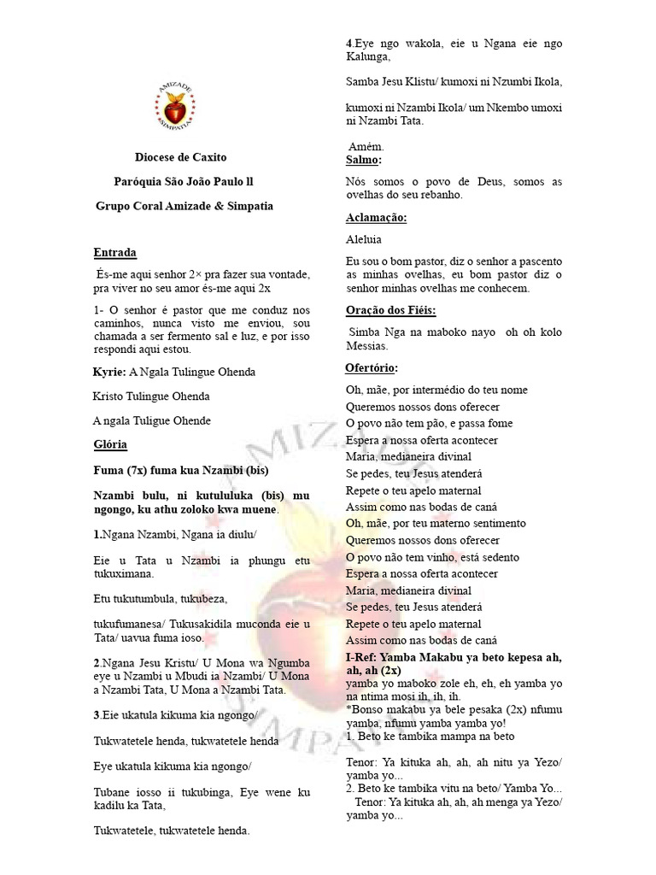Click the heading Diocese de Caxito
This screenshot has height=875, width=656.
pos(181,158)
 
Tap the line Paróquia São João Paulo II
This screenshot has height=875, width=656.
pos(183,182)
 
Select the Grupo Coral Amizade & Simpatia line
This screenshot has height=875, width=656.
pos(184,206)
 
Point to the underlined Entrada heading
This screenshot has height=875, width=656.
pos(114,253)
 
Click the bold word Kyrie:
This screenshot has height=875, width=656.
pos(108,373)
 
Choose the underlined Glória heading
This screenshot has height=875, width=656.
pos(110,445)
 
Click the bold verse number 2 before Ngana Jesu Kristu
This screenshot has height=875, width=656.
pos(95,662)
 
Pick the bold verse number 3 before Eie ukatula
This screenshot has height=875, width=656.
pos(95,714)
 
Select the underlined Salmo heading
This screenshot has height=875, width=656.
pos(363,161)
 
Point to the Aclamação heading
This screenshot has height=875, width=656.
pos(376,218)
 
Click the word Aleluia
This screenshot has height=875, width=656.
pos(364,240)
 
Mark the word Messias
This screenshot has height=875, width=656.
pos(368,346)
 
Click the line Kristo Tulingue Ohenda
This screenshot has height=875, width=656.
pos(150,396)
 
